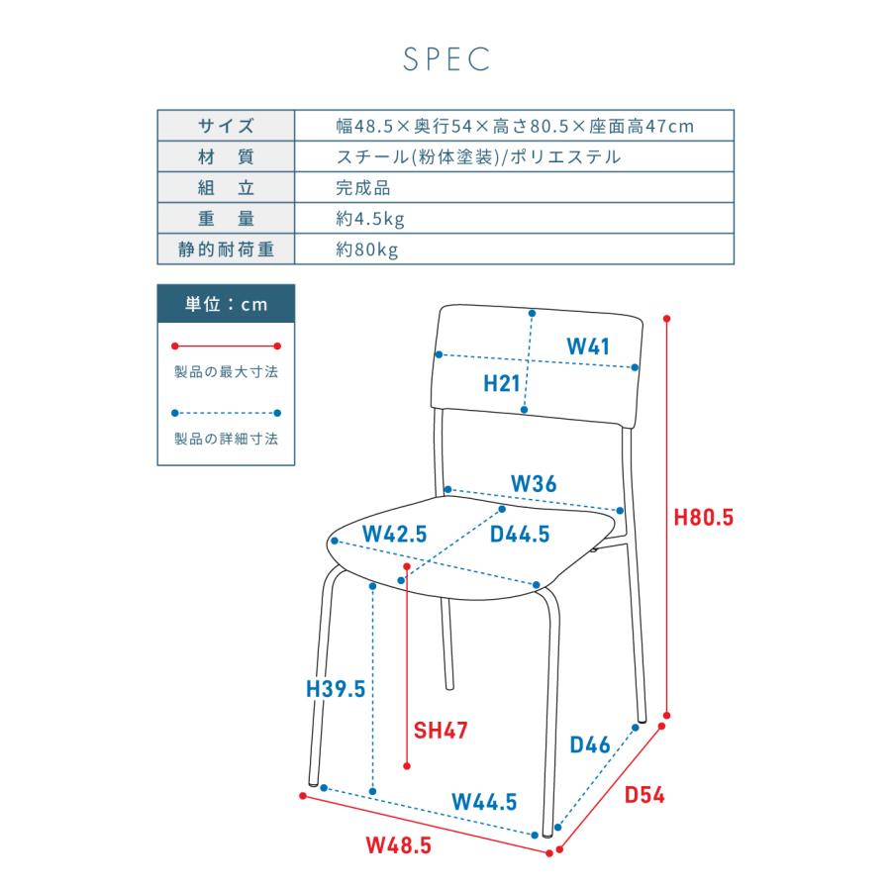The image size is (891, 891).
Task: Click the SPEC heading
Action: pos(446,59)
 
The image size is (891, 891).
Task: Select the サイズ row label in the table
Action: pos(226,126)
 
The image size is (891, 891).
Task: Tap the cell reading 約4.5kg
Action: pos(370,219)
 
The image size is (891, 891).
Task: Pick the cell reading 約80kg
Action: pos(366,249)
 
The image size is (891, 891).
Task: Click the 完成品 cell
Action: pos(362,188)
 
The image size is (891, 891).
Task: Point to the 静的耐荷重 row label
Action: pos(226,249)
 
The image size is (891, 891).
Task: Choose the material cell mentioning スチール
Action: pos(478,156)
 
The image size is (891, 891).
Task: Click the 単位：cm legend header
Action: pos(226,304)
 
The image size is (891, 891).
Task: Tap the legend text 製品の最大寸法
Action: pos(226,372)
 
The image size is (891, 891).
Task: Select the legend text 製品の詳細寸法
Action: pos(226,439)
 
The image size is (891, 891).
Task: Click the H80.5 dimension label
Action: pos(704,518)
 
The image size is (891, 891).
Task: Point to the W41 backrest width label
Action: pos(588,346)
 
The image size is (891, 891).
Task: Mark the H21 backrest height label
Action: pos(502,383)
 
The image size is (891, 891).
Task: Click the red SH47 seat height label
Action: pos(441,731)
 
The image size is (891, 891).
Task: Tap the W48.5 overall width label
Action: pos(398,845)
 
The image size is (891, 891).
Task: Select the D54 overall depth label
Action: pos(644,795)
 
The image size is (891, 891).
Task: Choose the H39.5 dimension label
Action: pos(336,689)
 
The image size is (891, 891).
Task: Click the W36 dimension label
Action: pos(534,484)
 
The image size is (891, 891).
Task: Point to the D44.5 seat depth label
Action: pos(520,535)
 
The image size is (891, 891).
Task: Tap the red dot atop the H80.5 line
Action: pos(667,319)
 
